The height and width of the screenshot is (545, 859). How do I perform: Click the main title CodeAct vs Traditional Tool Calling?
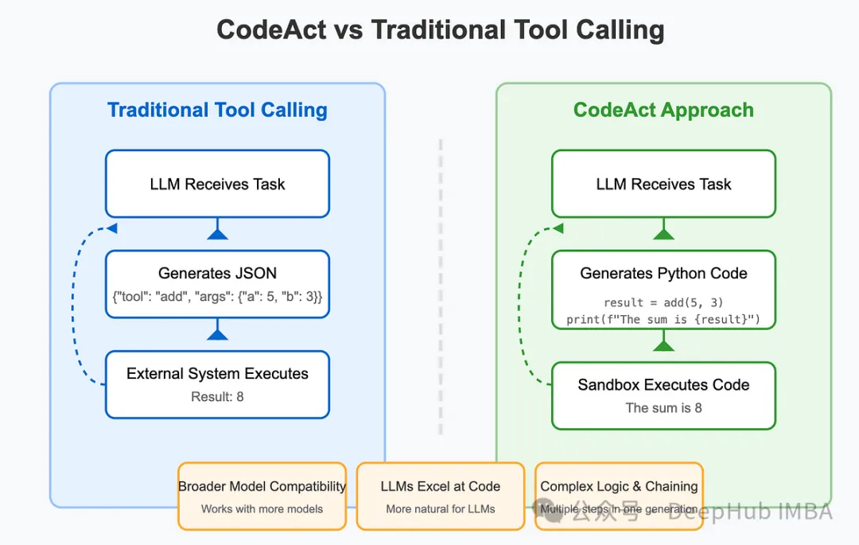(x=440, y=30)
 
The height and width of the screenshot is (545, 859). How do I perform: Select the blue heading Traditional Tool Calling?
(x=217, y=110)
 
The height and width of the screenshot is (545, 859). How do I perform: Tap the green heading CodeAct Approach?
(x=663, y=110)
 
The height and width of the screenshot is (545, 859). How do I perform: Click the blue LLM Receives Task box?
(x=217, y=184)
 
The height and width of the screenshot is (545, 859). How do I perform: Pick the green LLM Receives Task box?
(x=663, y=184)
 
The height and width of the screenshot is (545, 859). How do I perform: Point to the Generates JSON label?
(x=217, y=274)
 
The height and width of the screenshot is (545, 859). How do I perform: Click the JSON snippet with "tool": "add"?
(x=217, y=297)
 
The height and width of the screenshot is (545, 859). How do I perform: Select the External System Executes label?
(x=217, y=374)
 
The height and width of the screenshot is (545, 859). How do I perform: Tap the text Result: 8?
(x=217, y=396)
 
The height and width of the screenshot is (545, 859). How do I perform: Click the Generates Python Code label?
(x=663, y=274)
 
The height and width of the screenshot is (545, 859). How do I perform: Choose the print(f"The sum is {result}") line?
(x=663, y=320)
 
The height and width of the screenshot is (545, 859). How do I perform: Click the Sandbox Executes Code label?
(x=663, y=385)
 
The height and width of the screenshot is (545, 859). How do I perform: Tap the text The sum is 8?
(x=663, y=408)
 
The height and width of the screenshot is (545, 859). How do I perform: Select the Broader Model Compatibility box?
(x=262, y=496)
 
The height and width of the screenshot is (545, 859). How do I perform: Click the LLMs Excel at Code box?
(x=440, y=496)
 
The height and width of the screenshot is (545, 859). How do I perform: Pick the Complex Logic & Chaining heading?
(x=619, y=486)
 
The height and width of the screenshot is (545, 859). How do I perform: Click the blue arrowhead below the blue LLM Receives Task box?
(x=217, y=232)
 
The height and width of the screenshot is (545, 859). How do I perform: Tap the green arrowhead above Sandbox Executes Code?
(x=663, y=344)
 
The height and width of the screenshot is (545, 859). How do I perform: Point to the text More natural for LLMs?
(x=440, y=509)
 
